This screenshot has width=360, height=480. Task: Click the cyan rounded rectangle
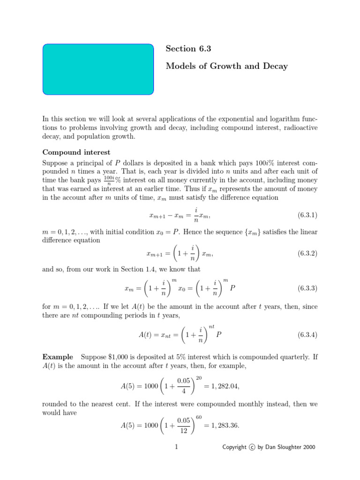(98, 69)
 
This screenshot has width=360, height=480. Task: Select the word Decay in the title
(276, 67)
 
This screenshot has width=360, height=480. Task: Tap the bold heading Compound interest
(76, 152)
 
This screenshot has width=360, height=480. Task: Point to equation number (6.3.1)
(307, 215)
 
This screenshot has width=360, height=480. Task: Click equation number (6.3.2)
(307, 253)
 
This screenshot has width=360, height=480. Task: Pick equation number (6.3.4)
(307, 335)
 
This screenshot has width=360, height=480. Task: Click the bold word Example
(57, 357)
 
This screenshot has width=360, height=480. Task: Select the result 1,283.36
(222, 426)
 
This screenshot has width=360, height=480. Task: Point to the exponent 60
(198, 417)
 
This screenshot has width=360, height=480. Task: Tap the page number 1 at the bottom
(176, 447)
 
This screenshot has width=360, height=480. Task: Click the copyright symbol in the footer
(252, 448)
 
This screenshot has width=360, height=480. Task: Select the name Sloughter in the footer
(289, 448)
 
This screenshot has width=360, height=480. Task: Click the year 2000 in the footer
(309, 448)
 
